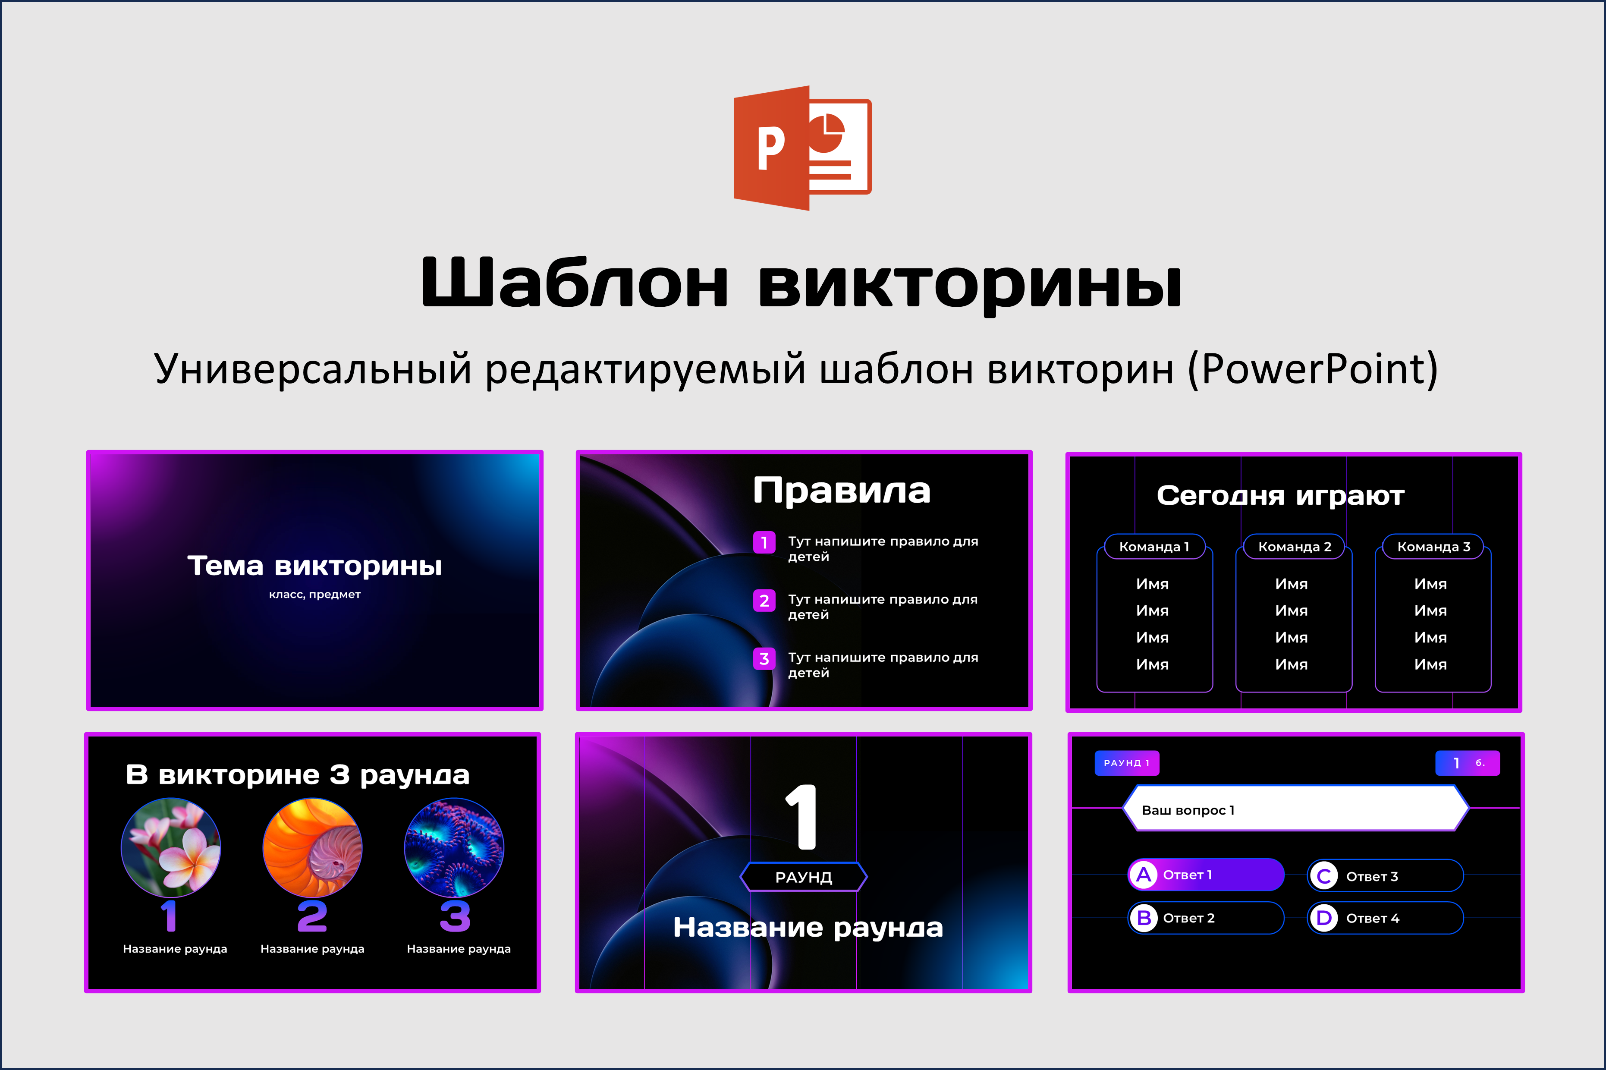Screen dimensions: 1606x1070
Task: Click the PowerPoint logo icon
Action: pyautogui.click(x=802, y=148)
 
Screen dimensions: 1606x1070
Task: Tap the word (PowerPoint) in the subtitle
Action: pyautogui.click(x=1313, y=369)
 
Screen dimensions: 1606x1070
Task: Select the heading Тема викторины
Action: pyautogui.click(x=314, y=566)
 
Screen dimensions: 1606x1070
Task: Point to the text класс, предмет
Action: pyautogui.click(x=314, y=595)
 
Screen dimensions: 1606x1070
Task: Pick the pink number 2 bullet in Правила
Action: pyautogui.click(x=764, y=601)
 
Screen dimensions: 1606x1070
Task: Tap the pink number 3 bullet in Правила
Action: pyautogui.click(x=764, y=658)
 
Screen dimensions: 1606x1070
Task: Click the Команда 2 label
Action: pyautogui.click(x=1294, y=547)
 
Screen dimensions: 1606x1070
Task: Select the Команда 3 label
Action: pyautogui.click(x=1433, y=547)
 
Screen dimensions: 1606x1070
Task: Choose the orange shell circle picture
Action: pyautogui.click(x=312, y=847)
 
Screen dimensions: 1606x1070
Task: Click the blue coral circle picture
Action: pyautogui.click(x=454, y=847)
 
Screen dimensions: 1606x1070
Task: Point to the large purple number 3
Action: pyautogui.click(x=455, y=916)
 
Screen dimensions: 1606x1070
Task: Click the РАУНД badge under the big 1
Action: pyautogui.click(x=804, y=877)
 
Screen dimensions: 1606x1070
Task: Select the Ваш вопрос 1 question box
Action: pyautogui.click(x=1295, y=809)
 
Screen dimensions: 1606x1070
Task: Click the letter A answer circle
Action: pyautogui.click(x=1144, y=875)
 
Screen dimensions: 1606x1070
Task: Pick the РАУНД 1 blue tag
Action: pyautogui.click(x=1126, y=763)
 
